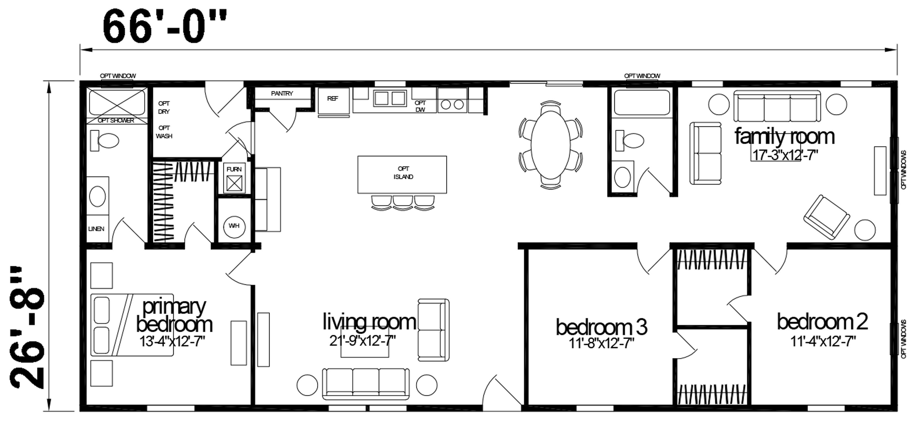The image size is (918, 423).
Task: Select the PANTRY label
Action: coord(282,94)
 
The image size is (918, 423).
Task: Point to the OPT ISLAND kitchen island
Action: coord(402,175)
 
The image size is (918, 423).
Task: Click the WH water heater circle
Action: coord(234,226)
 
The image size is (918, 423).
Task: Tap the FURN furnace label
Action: coord(234,169)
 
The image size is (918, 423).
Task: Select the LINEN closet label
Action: coord(96,229)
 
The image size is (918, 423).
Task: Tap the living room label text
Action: coord(369,322)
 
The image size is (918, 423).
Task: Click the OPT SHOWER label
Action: coord(116,121)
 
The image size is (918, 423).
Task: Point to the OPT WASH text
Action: coord(164,131)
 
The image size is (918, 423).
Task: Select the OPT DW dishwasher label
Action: coord(420,106)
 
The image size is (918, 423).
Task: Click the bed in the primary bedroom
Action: coord(132,325)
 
